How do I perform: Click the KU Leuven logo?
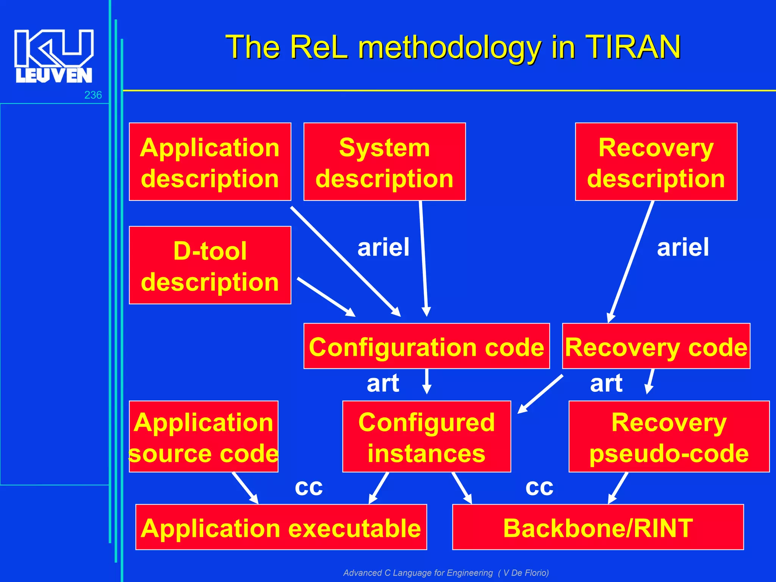pos(53,56)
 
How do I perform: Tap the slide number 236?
pos(93,95)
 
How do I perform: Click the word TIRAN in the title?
pos(633,47)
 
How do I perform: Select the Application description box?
pos(210,162)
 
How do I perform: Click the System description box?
pos(384,162)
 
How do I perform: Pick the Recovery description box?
pos(656,162)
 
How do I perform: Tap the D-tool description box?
pos(210,265)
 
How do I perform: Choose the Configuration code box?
pos(426,346)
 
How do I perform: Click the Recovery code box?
pos(656,346)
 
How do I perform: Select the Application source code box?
pos(203,436)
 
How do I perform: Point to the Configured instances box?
pos(426,436)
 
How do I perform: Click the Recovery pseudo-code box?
pos(669,436)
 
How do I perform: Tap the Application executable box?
pos(281,527)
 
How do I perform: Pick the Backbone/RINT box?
pos(598,527)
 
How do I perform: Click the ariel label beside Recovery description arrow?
pos(682,247)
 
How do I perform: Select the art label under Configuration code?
pos(383,383)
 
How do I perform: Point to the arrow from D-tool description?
pos(325,297)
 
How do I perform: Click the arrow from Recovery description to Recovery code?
pos(631,261)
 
